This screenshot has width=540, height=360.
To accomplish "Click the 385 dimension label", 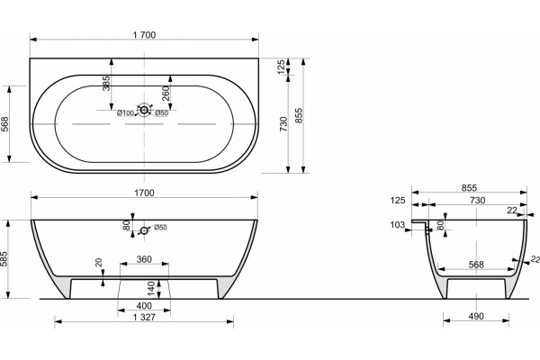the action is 107,84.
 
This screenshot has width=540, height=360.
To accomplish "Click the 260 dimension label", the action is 166,94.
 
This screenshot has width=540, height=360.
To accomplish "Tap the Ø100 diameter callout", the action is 125,113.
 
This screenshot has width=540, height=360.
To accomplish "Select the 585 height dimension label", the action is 4,259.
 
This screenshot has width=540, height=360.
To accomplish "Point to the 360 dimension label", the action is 144,259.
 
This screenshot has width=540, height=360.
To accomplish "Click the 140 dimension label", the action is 151,289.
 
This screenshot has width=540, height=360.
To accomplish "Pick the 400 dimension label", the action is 144,306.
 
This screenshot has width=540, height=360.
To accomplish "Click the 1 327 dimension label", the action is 144,317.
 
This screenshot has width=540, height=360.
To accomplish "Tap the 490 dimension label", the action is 476,316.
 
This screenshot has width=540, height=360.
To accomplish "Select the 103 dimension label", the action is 398,225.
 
